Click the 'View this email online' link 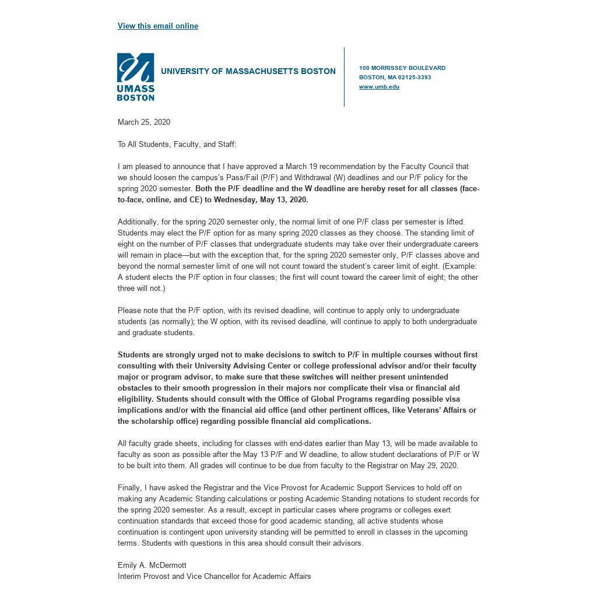tap(158, 26)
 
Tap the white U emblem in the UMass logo tap(136, 68)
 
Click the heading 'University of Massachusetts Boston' tap(248, 71)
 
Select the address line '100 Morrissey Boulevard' tap(402, 68)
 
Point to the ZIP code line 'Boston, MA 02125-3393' tap(395, 78)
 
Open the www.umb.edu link tap(379, 87)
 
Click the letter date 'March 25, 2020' tap(144, 122)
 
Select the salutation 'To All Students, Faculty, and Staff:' tap(177, 144)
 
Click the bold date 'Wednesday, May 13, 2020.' tap(261, 199)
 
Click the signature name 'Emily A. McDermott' tap(152, 565)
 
